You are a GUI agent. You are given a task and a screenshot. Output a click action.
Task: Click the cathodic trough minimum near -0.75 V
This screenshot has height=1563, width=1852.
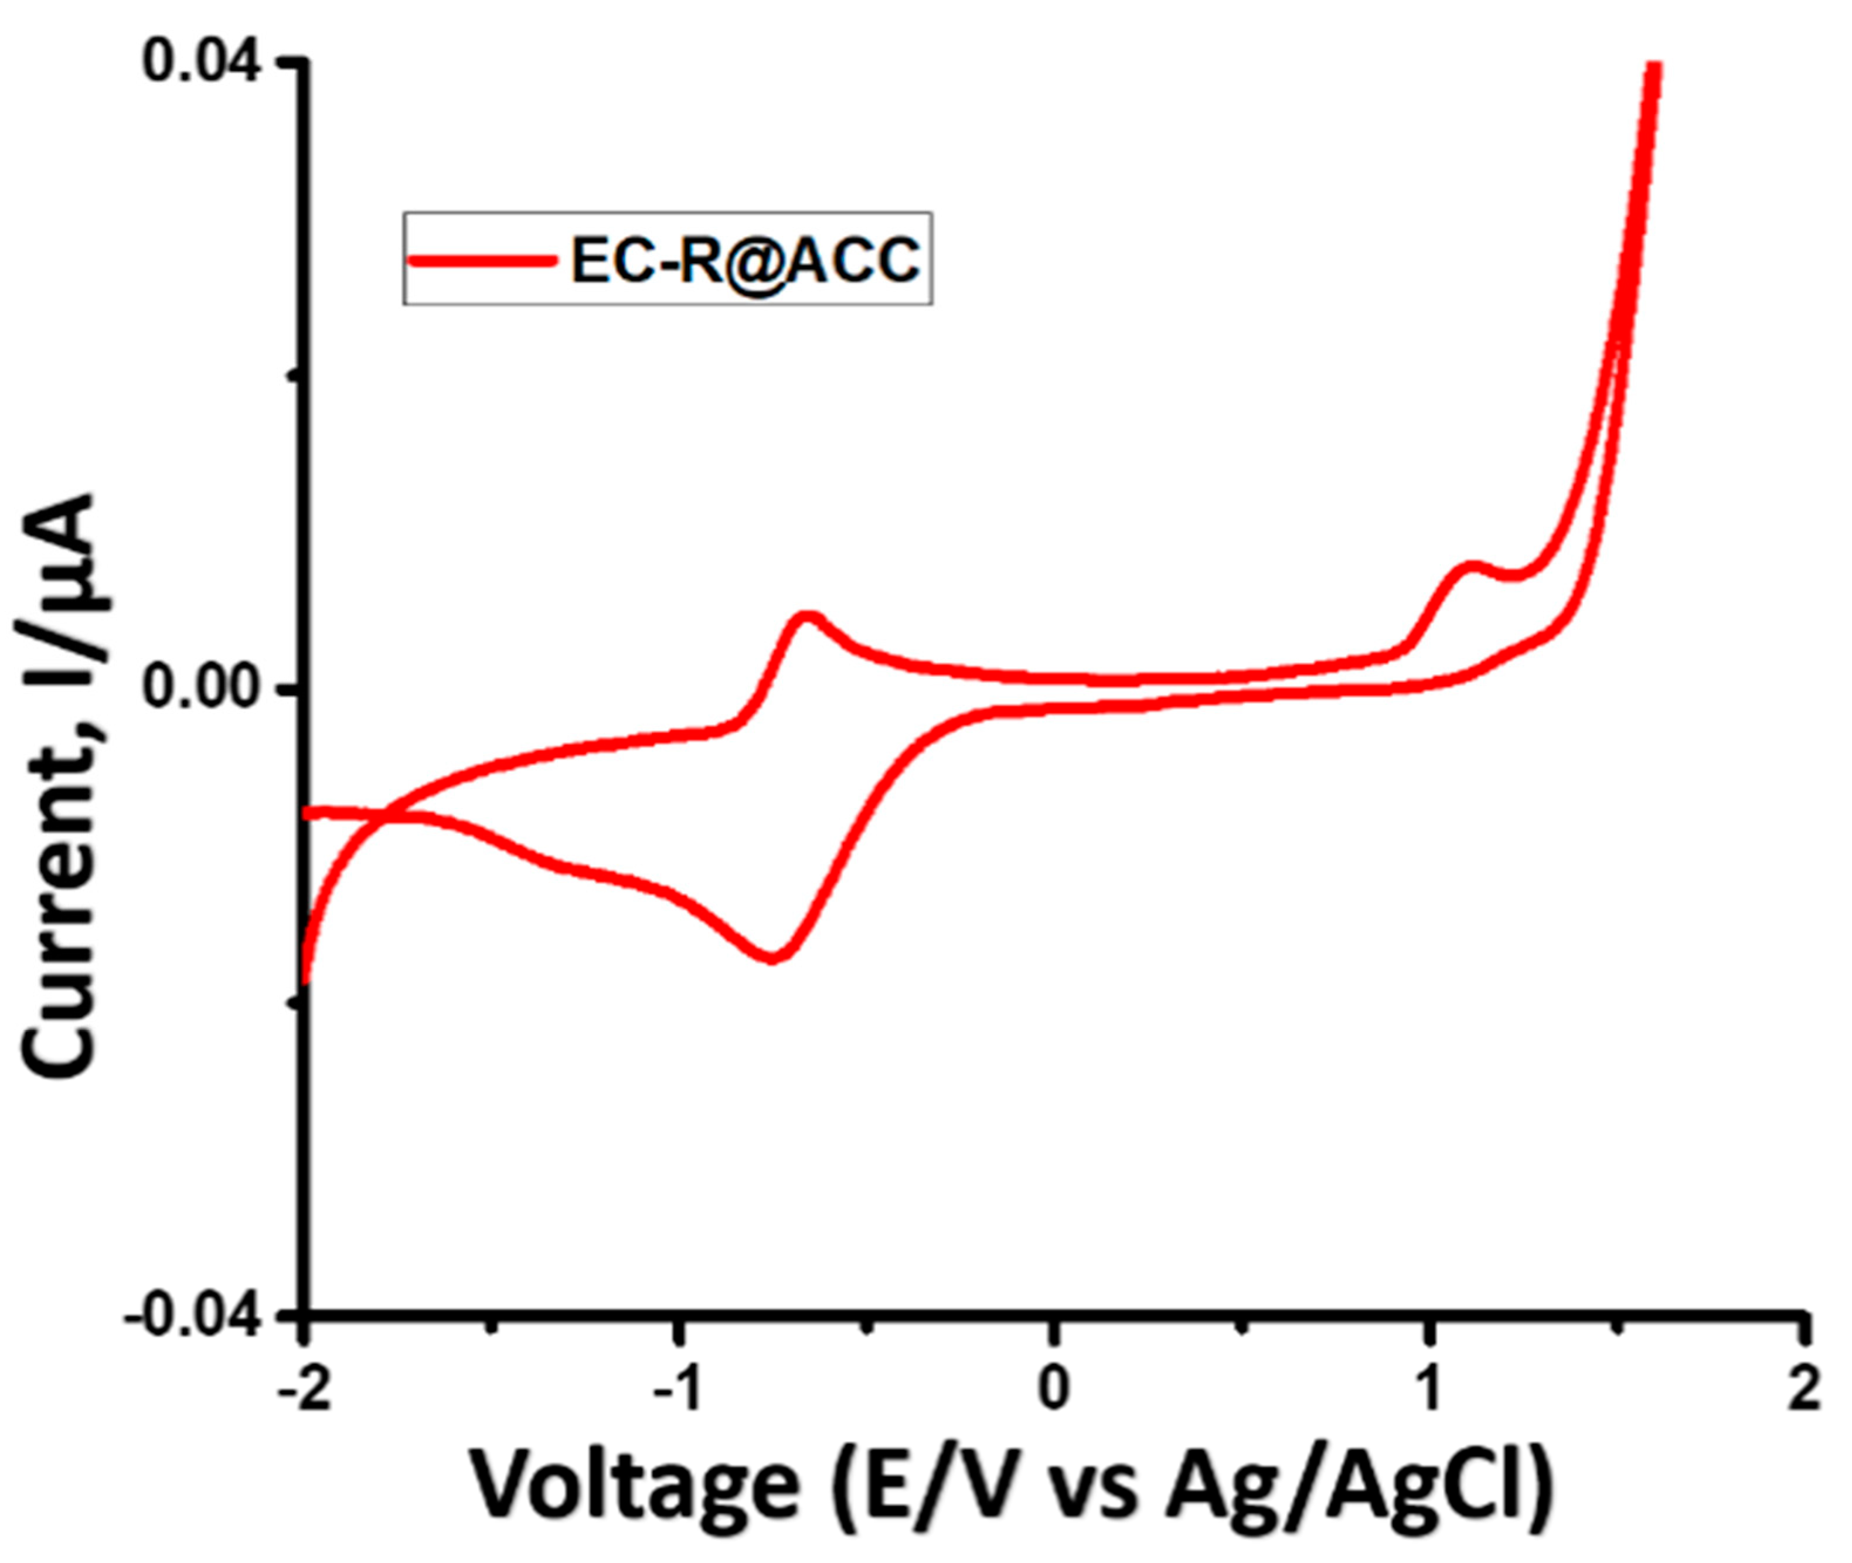[x=772, y=957]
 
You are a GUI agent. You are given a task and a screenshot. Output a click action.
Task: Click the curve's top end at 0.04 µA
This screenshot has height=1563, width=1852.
[x=1651, y=66]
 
